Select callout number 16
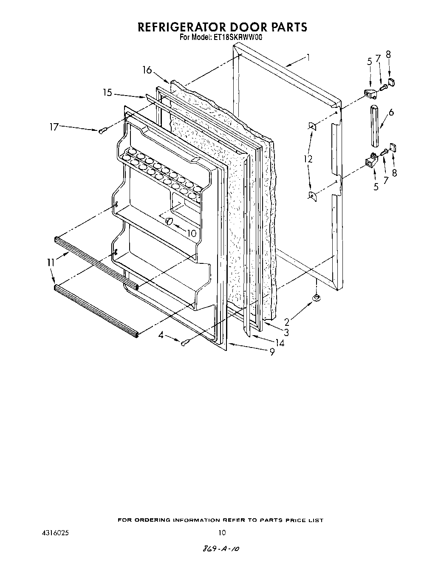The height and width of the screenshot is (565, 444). click(147, 70)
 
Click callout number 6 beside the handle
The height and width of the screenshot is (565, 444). click(391, 112)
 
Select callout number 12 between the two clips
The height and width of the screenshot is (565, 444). click(308, 159)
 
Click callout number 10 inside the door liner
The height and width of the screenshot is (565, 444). click(192, 233)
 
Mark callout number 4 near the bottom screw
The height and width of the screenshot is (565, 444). click(161, 335)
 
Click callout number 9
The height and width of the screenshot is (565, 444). click(272, 352)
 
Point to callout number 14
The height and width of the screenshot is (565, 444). click(280, 343)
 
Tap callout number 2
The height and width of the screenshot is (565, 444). click(287, 322)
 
